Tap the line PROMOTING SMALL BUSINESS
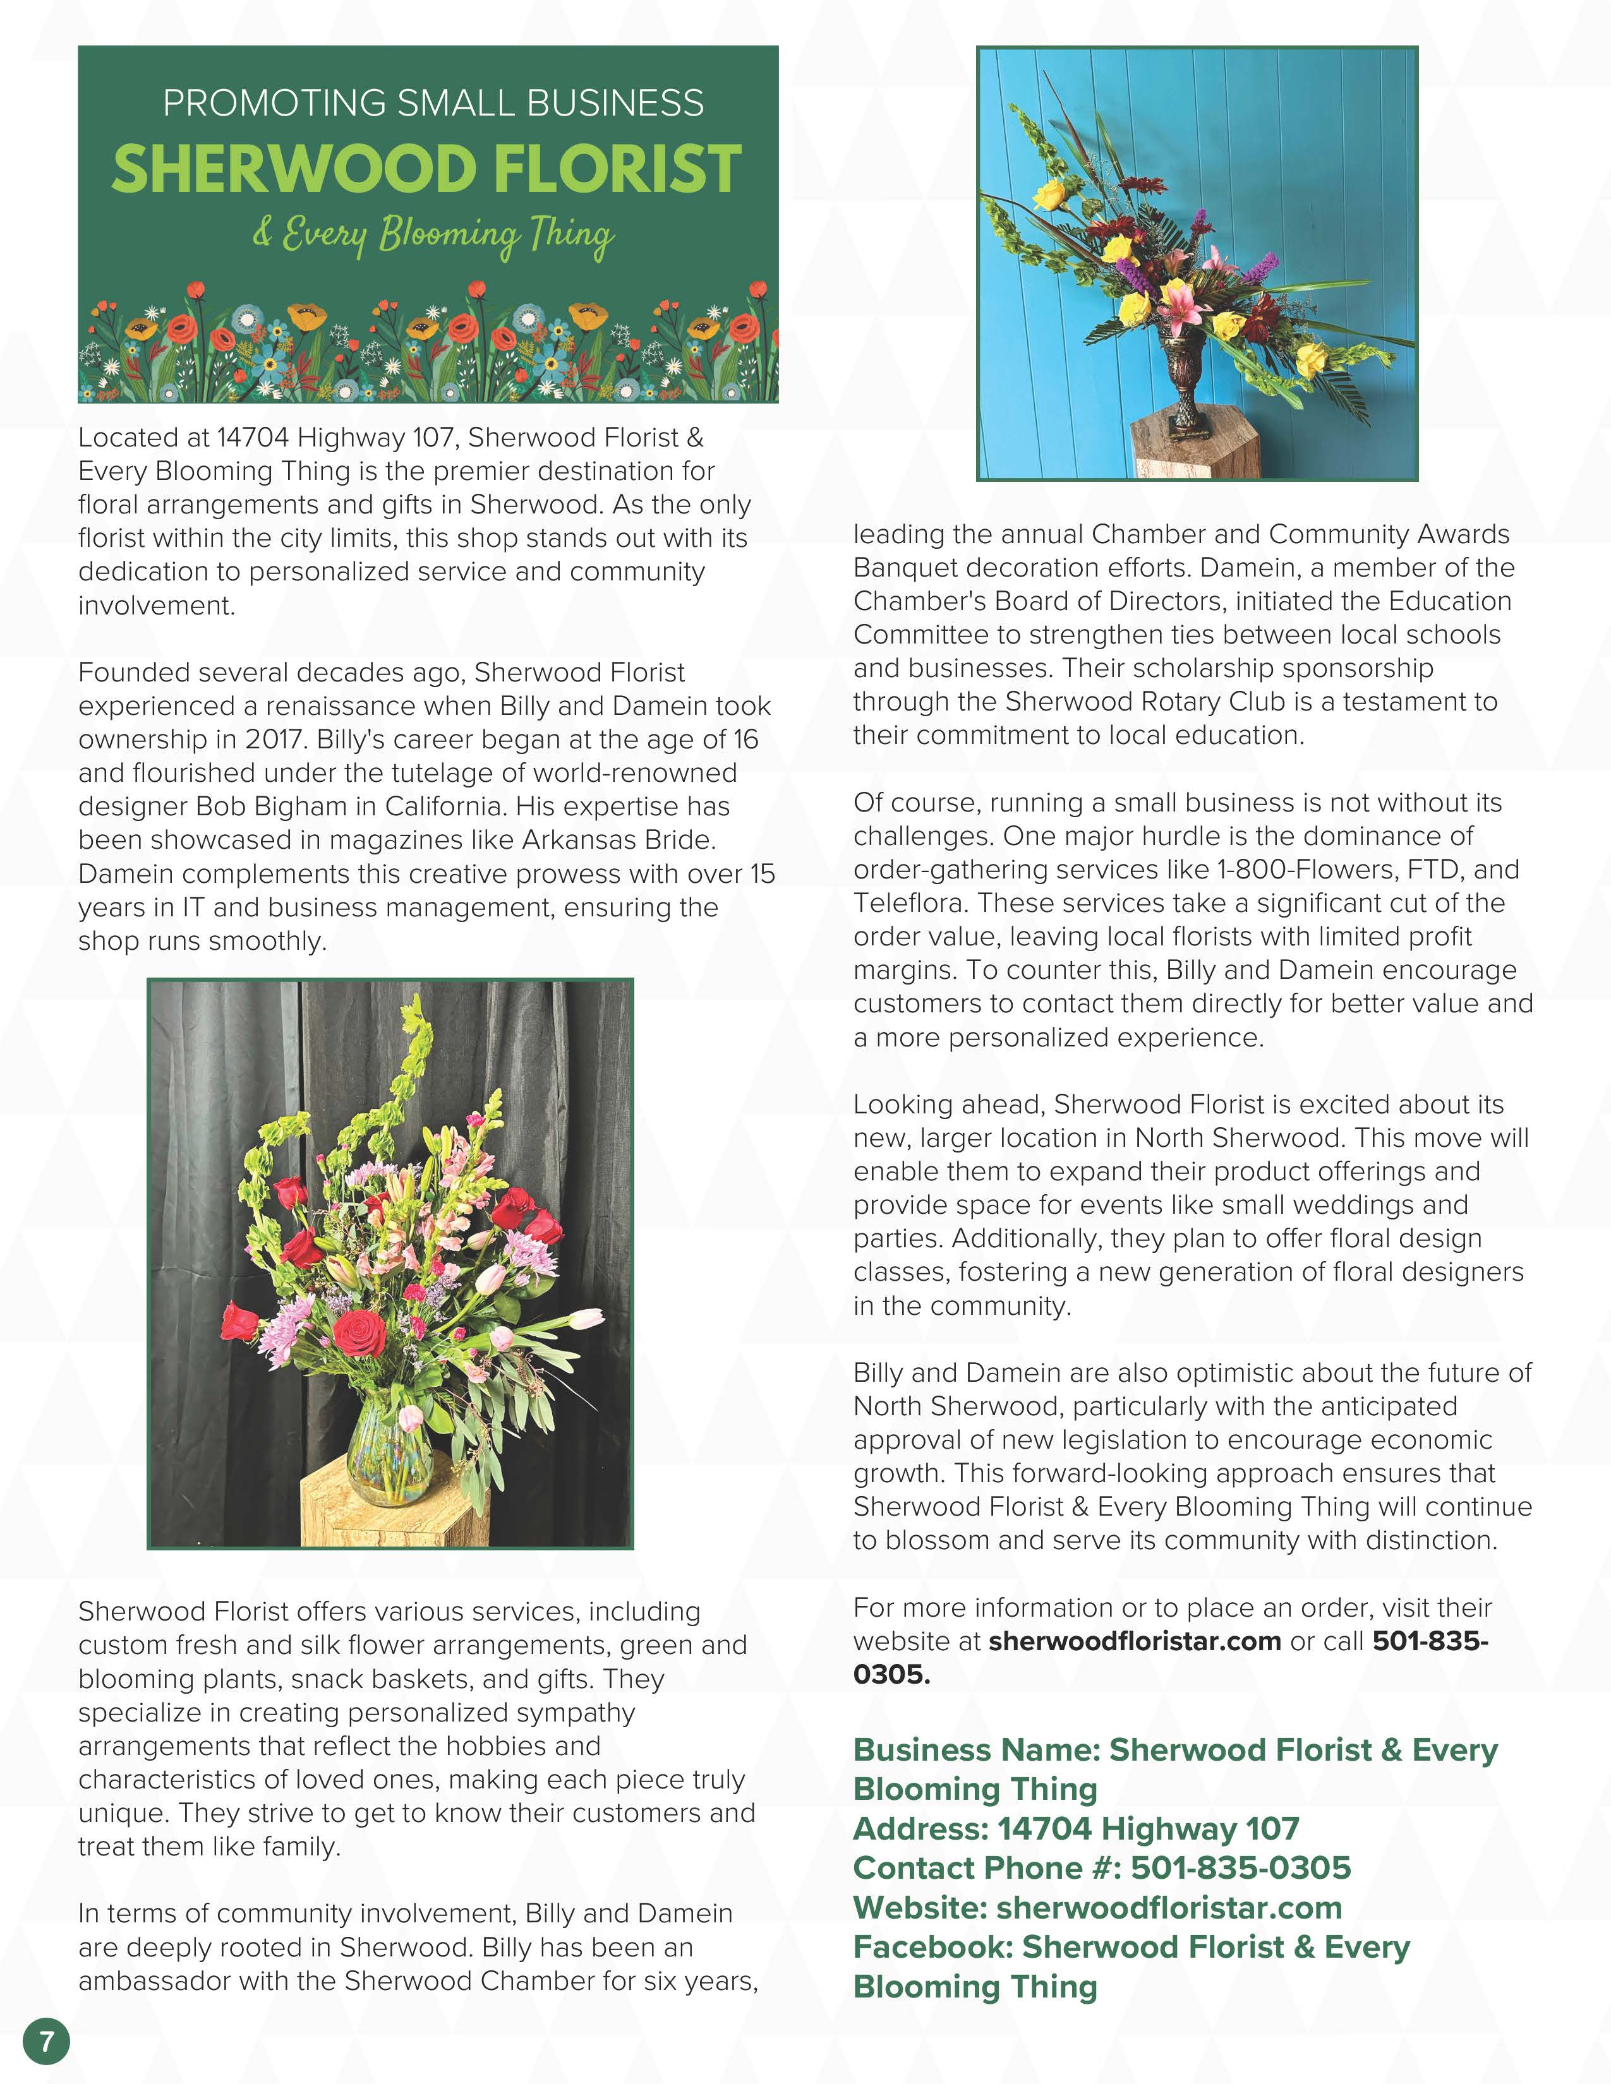point(432,103)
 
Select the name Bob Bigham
point(271,806)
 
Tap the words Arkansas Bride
point(617,840)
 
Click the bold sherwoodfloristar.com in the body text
point(1134,1641)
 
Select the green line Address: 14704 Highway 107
point(1076,1828)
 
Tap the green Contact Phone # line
point(1101,1867)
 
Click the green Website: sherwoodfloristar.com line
point(1097,1907)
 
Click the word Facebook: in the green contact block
point(932,1946)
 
